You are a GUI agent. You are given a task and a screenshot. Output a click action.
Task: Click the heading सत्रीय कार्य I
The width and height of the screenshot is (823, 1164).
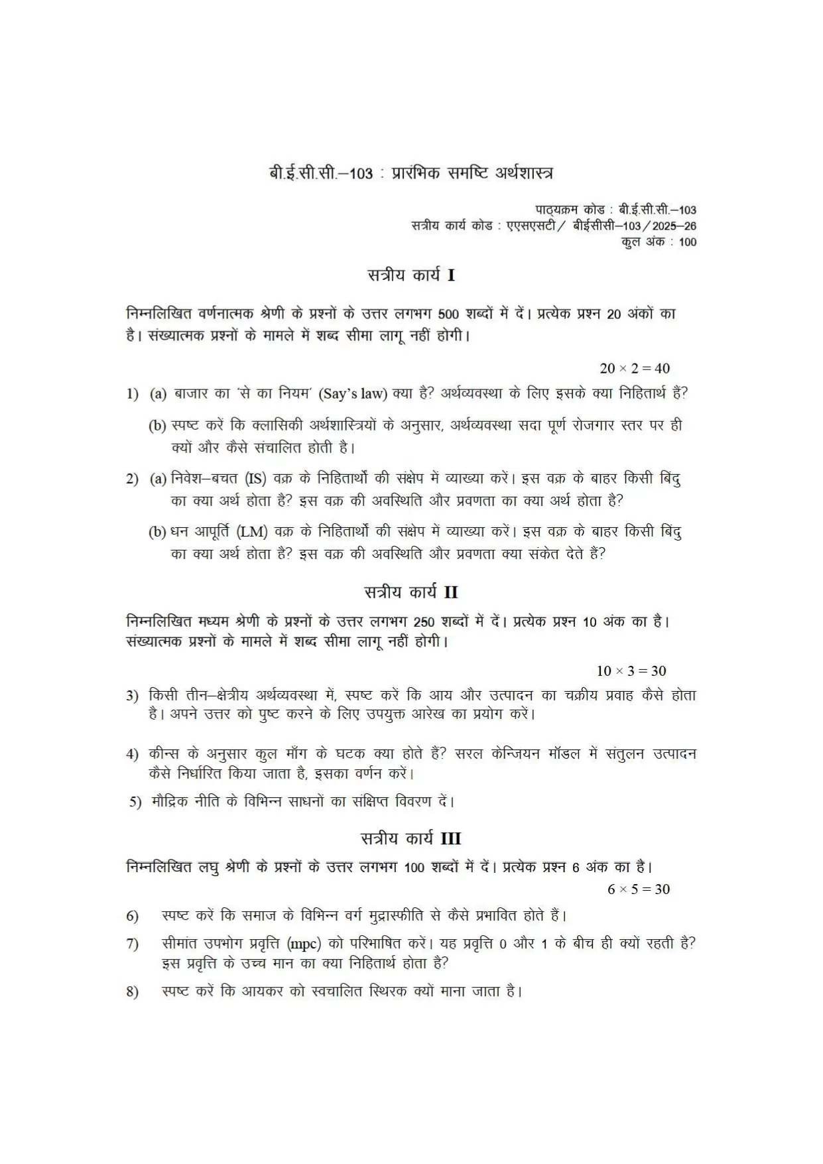pos(411,275)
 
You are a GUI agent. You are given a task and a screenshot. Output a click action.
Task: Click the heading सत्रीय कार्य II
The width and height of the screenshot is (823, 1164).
pos(411,592)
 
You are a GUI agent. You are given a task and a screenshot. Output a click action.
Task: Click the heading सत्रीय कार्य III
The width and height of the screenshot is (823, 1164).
pos(411,838)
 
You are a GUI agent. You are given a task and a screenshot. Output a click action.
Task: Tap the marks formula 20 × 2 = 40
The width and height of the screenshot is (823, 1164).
pos(635,368)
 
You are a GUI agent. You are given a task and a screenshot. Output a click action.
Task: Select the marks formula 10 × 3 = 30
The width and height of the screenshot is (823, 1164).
pos(631,671)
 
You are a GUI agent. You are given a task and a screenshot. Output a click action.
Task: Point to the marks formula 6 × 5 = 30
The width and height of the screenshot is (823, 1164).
pos(639,889)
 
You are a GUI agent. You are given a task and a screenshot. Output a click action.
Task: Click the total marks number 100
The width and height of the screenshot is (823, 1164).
pos(688,242)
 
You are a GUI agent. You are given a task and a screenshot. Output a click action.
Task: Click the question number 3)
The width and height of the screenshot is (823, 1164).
pos(133,696)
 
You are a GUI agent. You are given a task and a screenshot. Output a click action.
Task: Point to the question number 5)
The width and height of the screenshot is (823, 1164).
pos(135,802)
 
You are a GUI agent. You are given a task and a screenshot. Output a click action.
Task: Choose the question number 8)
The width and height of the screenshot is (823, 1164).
pos(133,992)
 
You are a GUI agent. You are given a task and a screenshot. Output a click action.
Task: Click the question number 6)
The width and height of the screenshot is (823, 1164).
pos(133,916)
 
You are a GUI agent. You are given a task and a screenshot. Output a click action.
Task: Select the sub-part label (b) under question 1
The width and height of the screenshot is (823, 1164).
pos(157,426)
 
